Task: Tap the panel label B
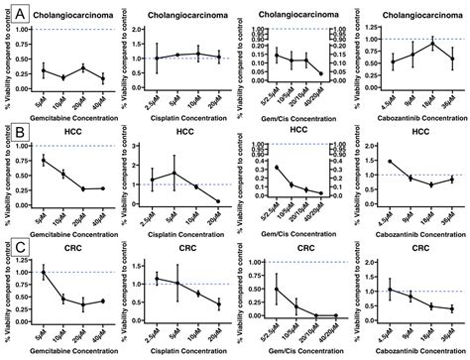(9, 131)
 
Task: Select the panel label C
(9, 246)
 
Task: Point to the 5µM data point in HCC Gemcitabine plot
(43, 160)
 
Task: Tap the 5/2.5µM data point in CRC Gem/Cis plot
(276, 290)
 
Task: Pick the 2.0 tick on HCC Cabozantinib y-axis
(367, 145)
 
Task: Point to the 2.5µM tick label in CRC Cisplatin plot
(157, 332)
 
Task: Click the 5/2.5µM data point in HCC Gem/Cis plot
(276, 168)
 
